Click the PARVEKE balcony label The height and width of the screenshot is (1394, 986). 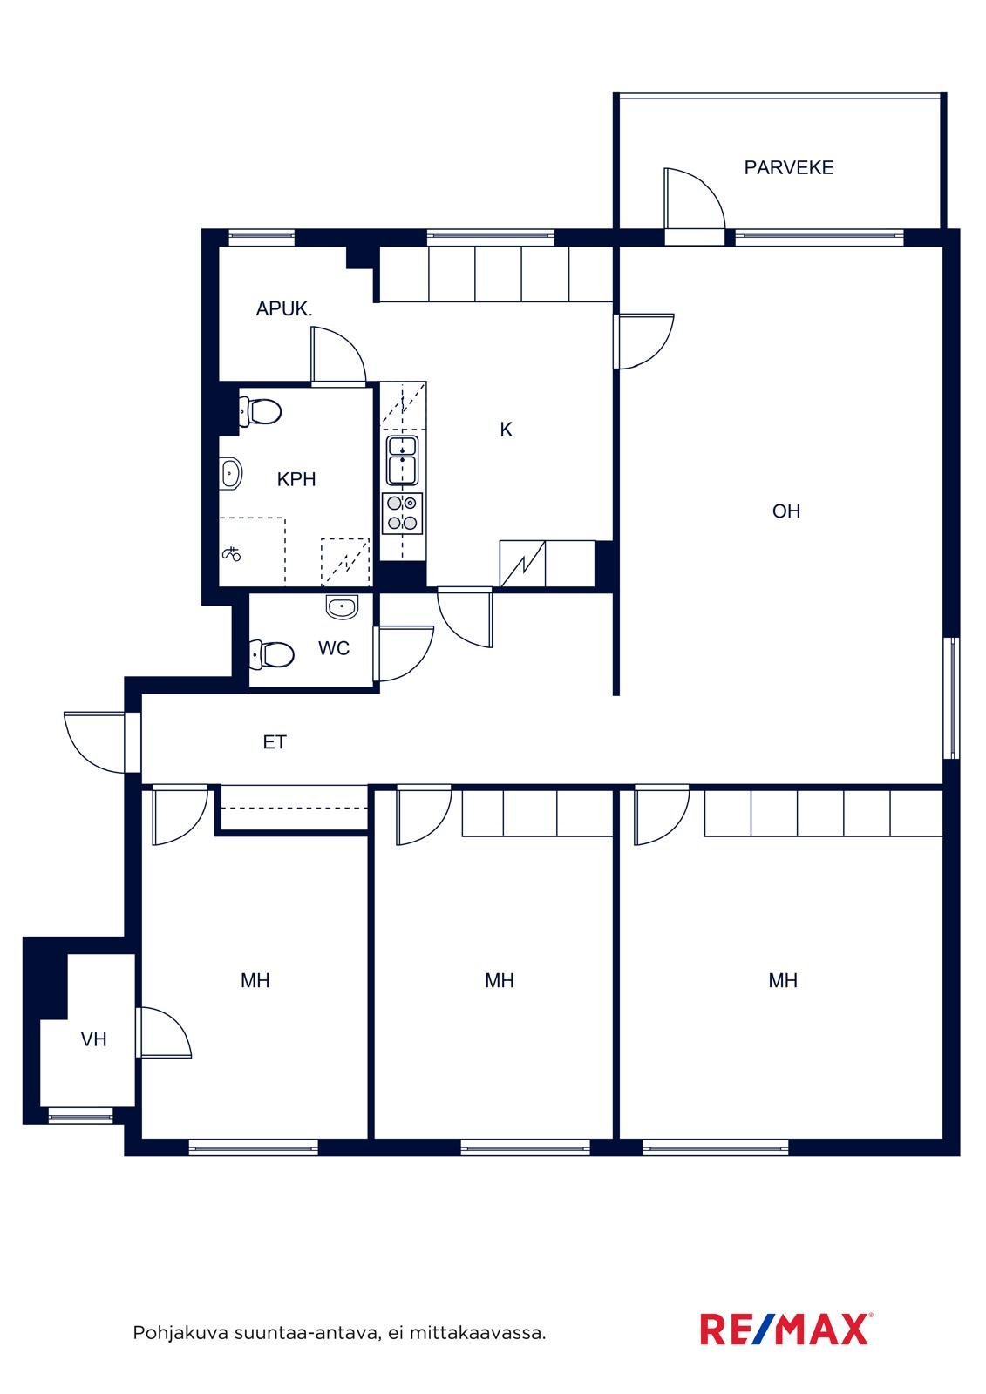(789, 167)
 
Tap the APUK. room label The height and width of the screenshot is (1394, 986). (284, 308)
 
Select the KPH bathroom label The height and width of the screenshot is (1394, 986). (296, 479)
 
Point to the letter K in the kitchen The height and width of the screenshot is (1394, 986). (507, 430)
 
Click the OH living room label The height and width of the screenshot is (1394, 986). (786, 511)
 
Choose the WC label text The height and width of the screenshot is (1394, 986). (334, 648)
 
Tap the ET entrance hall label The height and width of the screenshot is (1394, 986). (275, 742)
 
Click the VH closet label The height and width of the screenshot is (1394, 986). (93, 1039)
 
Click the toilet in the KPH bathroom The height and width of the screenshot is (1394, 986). (261, 411)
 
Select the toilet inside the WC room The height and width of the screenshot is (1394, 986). (272, 654)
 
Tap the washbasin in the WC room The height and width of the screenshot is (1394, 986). (342, 606)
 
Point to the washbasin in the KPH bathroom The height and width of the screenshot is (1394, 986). (230, 474)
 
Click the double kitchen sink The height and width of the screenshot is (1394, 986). (403, 461)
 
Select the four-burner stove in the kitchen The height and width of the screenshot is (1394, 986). (403, 513)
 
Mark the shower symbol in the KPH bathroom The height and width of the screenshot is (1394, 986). (232, 553)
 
